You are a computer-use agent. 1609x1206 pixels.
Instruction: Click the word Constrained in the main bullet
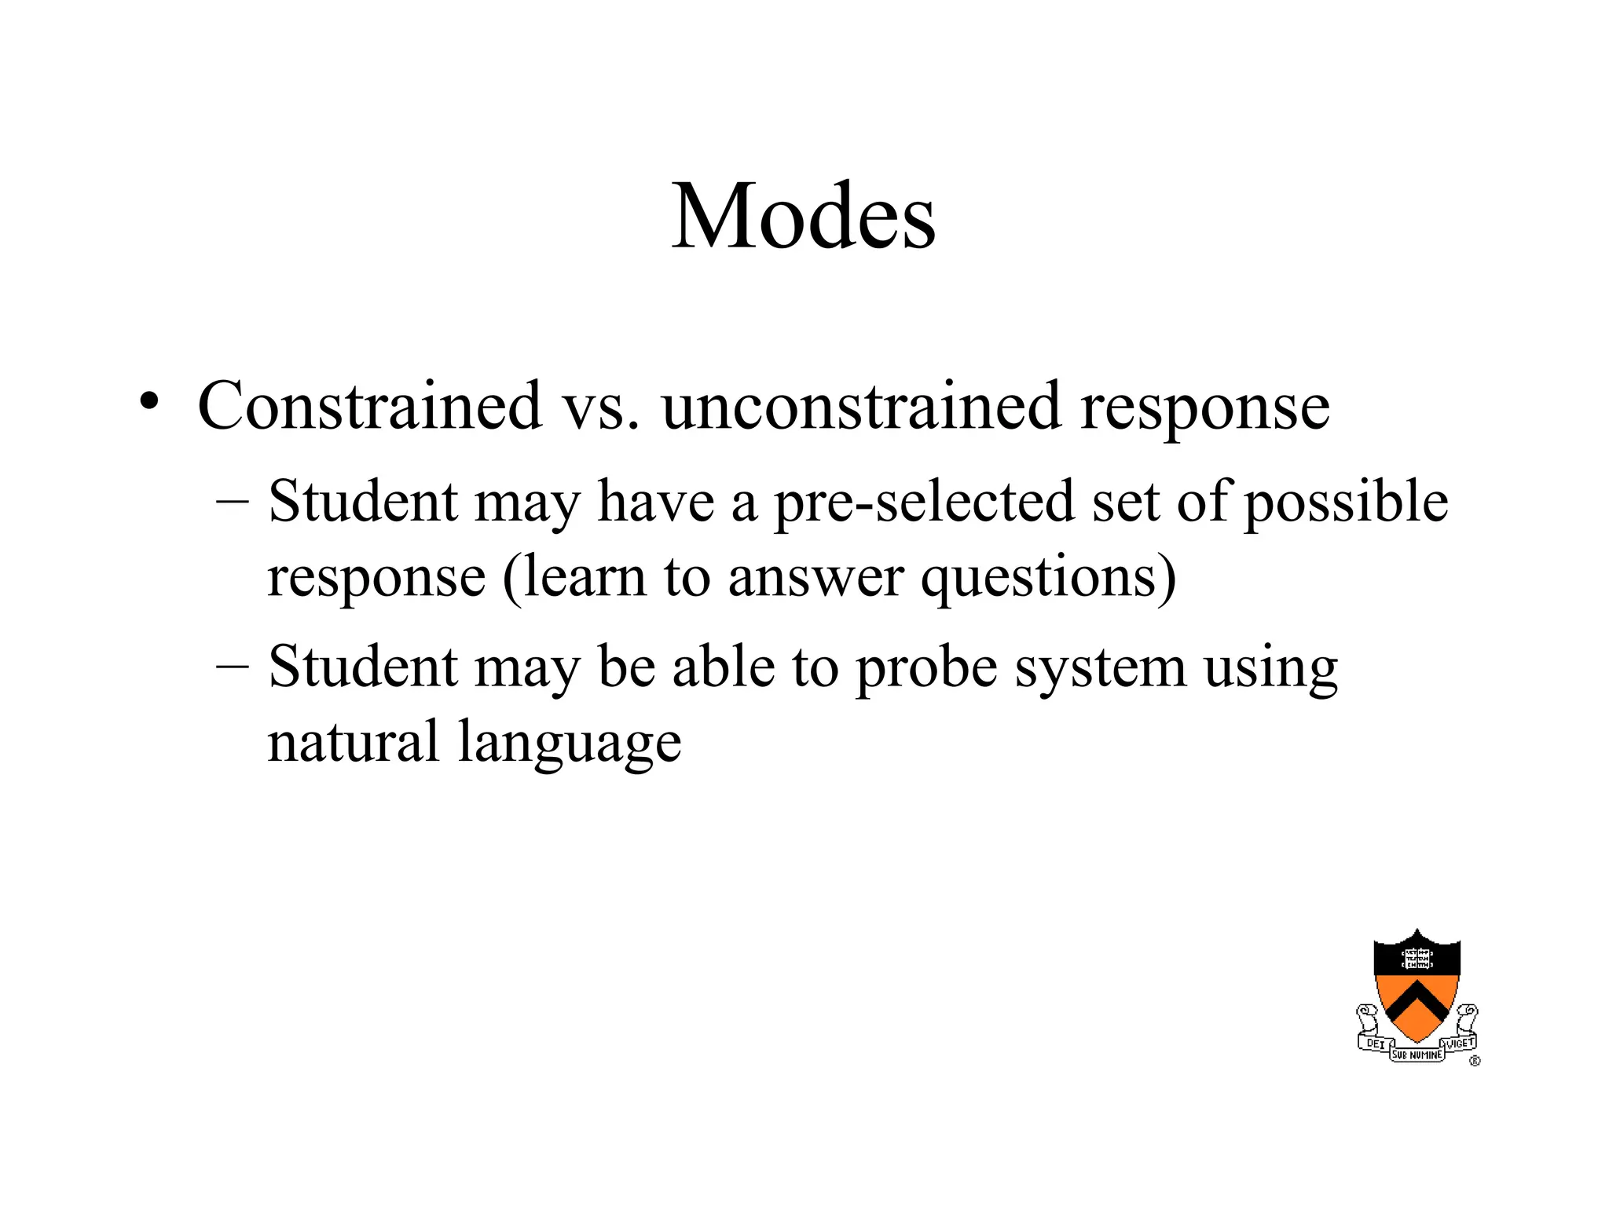pyautogui.click(x=369, y=406)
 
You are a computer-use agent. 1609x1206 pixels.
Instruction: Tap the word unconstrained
pyautogui.click(x=861, y=406)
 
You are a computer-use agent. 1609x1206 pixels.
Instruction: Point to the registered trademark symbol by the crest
pyautogui.click(x=1474, y=1062)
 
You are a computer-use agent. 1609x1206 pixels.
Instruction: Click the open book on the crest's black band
pyautogui.click(x=1417, y=958)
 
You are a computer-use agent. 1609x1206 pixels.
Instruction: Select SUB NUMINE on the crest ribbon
pyautogui.click(x=1417, y=1055)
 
